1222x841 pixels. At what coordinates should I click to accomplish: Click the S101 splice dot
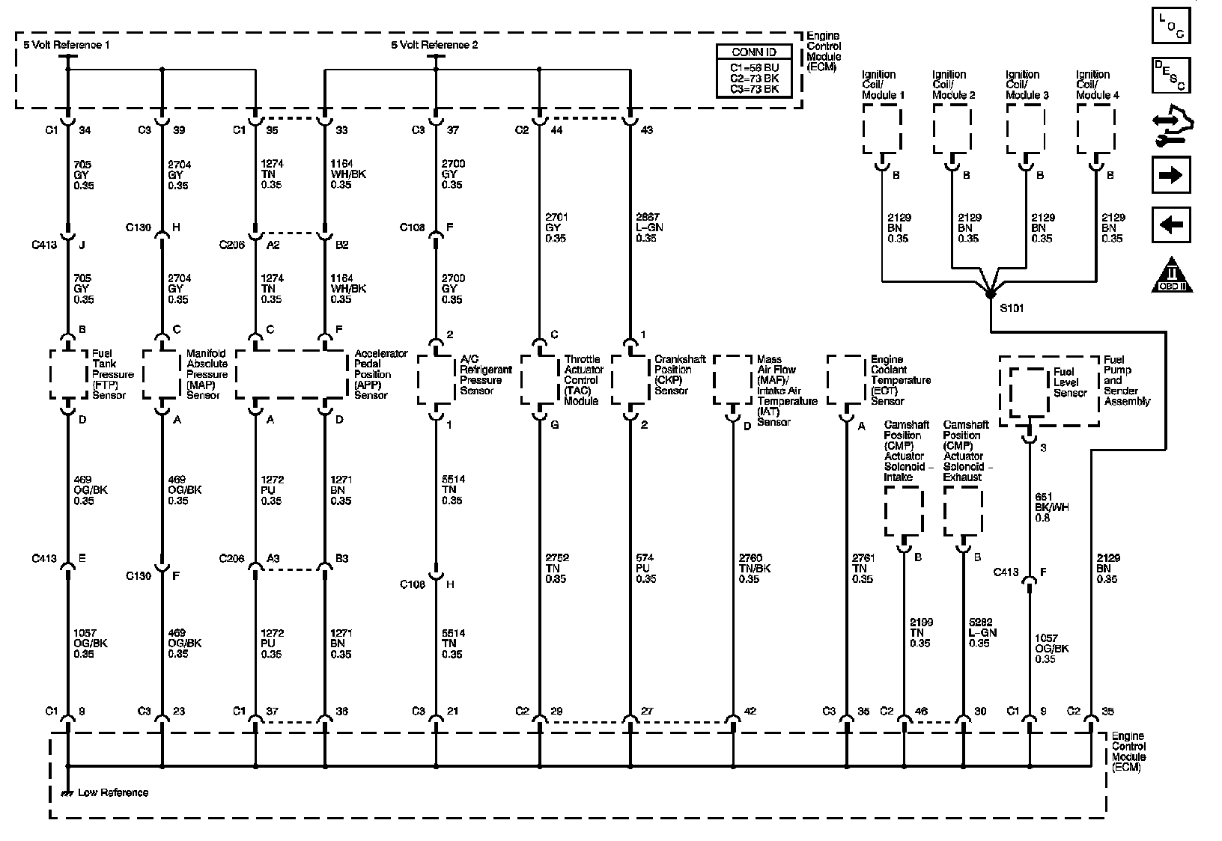pos(990,294)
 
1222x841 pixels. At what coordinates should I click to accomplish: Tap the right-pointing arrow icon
pos(1170,176)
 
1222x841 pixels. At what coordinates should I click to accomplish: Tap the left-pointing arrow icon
pos(1170,224)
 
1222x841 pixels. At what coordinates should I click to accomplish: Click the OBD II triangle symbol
pos(1172,275)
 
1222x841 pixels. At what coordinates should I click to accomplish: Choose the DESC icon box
pos(1170,76)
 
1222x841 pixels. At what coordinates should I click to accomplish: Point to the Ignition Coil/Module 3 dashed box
pos(1026,129)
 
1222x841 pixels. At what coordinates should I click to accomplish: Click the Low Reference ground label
pos(113,792)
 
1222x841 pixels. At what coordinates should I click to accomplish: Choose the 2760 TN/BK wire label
pos(754,569)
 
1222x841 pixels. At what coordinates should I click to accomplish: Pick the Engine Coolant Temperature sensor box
pos(846,379)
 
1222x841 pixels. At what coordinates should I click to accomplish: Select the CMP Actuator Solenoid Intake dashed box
pos(904,511)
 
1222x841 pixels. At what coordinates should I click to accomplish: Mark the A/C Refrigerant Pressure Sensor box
pos(436,379)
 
